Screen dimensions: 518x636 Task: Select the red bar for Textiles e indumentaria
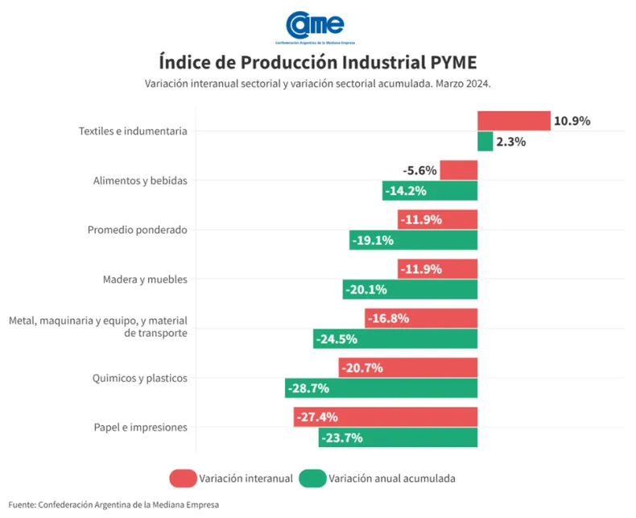[x=514, y=121]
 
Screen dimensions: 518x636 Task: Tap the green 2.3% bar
[x=485, y=142]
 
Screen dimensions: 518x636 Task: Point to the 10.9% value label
[x=572, y=121]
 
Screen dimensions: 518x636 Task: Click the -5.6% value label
[x=419, y=170]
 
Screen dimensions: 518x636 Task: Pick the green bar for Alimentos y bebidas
[x=430, y=191]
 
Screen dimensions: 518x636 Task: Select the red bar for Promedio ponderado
[x=437, y=219]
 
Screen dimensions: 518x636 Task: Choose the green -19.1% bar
[x=413, y=240]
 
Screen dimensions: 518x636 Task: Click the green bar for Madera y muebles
[x=410, y=289]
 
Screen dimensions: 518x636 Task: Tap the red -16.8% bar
[x=421, y=318]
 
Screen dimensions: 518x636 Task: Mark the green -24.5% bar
[x=395, y=339]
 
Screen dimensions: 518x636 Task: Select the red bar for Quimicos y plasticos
[x=408, y=368]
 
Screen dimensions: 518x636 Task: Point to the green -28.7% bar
[x=381, y=388]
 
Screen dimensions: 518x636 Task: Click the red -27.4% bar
[x=386, y=417]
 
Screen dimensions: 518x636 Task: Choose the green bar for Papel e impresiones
[x=399, y=438]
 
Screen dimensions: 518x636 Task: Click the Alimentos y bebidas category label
[x=140, y=180]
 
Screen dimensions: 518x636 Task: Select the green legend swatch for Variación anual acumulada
[x=312, y=479]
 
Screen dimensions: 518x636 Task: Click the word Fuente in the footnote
[x=22, y=504]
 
